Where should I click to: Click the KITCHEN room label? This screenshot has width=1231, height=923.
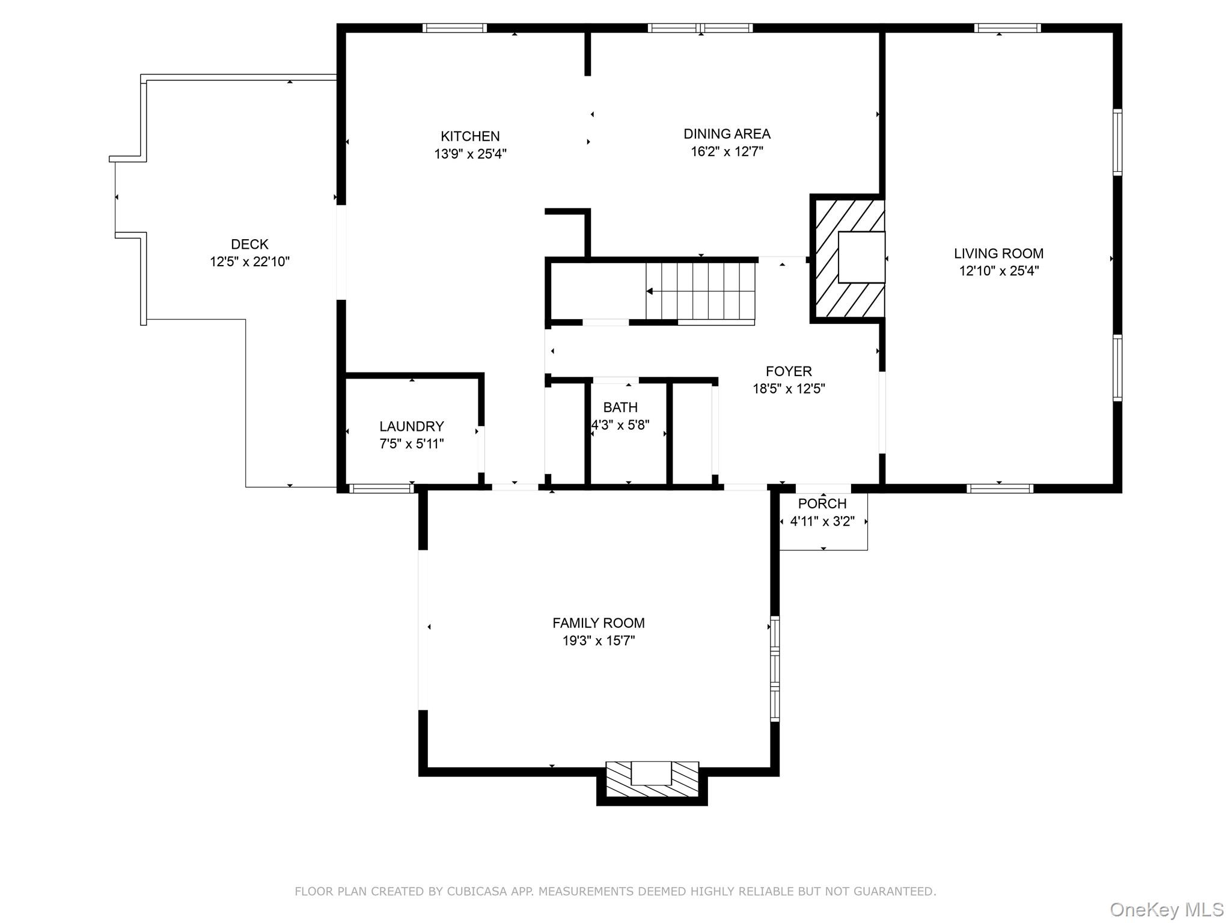coord(470,136)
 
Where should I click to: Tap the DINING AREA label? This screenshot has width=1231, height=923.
coord(727,134)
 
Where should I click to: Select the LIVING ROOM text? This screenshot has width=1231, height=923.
coord(998,254)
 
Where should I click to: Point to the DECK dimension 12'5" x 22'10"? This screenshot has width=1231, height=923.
coord(249,261)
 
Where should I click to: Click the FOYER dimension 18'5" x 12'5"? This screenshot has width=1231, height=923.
coord(789,389)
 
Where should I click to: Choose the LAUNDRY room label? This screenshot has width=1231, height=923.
coord(412,427)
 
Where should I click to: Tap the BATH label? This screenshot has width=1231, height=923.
coord(620,407)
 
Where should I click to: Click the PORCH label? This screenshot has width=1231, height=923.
coord(822,504)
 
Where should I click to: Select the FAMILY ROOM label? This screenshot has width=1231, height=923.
coord(599,623)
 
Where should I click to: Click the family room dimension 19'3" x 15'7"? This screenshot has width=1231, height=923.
coord(599,641)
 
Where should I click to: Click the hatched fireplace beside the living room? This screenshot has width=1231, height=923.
coord(848,258)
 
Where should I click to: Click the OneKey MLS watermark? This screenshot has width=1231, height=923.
coord(1167,910)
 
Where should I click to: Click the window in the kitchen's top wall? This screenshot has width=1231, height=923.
coord(454,28)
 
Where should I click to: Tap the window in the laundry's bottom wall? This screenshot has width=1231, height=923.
coord(382,489)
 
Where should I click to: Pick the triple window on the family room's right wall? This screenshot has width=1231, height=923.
coord(775,668)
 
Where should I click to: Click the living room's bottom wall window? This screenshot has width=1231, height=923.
coord(1000,489)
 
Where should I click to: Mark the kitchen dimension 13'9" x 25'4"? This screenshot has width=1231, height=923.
coord(470,154)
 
